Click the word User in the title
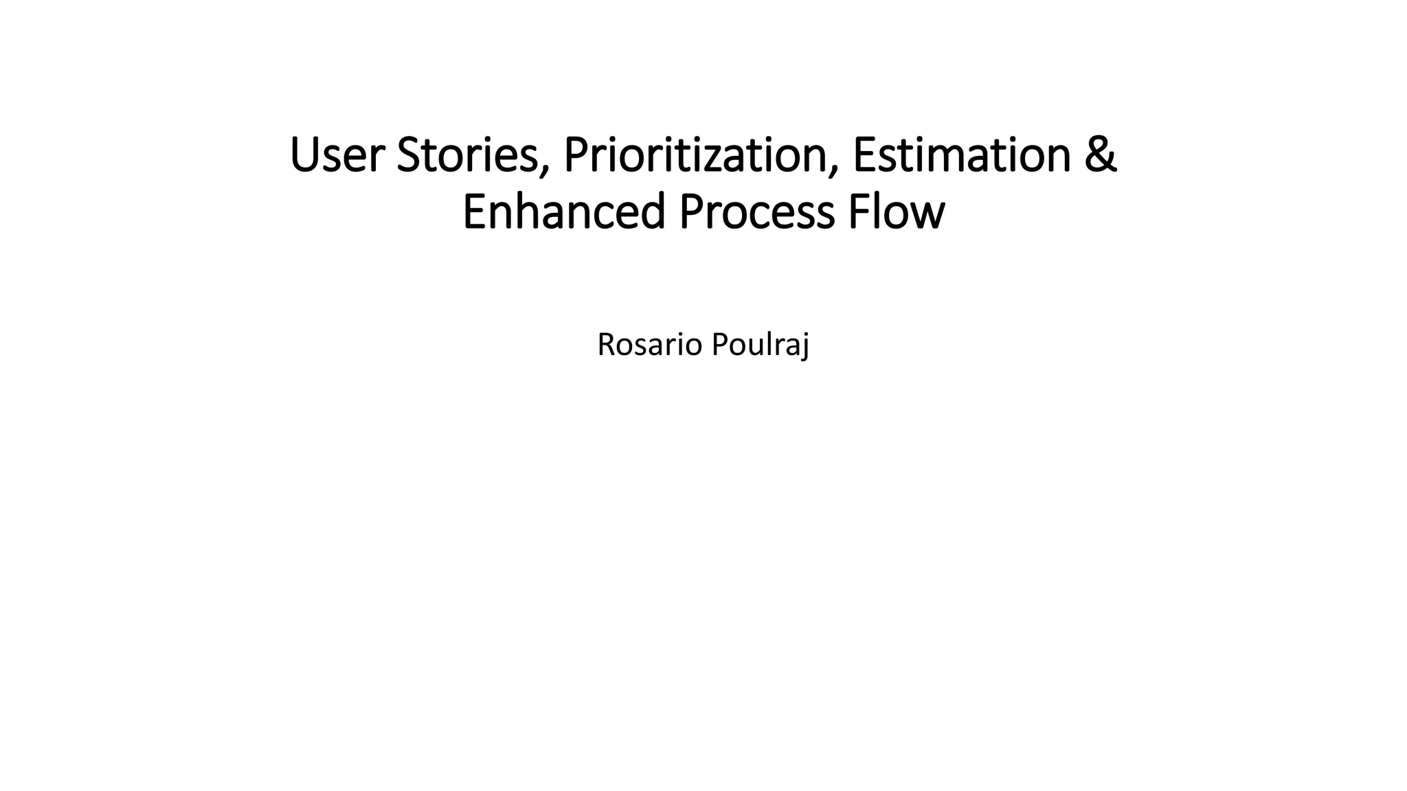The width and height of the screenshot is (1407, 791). coord(336,156)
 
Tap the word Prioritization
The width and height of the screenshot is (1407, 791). coord(695,156)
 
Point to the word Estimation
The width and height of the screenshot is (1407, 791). coord(962,156)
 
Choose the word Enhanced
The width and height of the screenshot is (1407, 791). coord(564,212)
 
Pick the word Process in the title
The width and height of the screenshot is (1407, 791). coord(756,212)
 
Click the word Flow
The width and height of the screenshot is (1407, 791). coord(897,212)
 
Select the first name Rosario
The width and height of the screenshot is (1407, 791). coord(650,345)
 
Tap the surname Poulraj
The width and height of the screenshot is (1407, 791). coord(760,345)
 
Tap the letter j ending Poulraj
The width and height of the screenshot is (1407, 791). coord(804,347)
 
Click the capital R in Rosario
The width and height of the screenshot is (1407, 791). coord(605,345)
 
